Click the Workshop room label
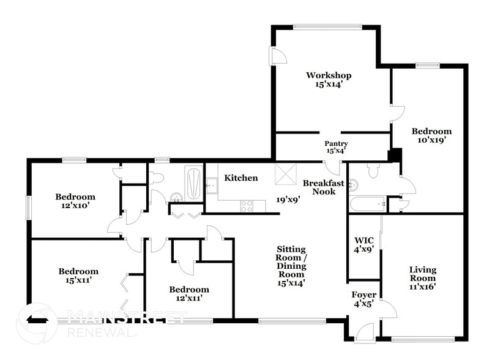(329, 80)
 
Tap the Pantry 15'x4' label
(336, 147)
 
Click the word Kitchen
(240, 178)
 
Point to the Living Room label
(422, 277)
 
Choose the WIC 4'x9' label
(364, 244)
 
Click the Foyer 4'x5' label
(363, 299)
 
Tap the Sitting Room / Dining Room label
(291, 266)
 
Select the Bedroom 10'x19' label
(431, 135)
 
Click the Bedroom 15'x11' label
(78, 276)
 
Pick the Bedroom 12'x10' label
(75, 201)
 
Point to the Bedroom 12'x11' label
(189, 294)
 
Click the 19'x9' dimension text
(288, 199)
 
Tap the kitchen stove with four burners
(247, 206)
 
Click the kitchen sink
(211, 184)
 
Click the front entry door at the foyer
(365, 333)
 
